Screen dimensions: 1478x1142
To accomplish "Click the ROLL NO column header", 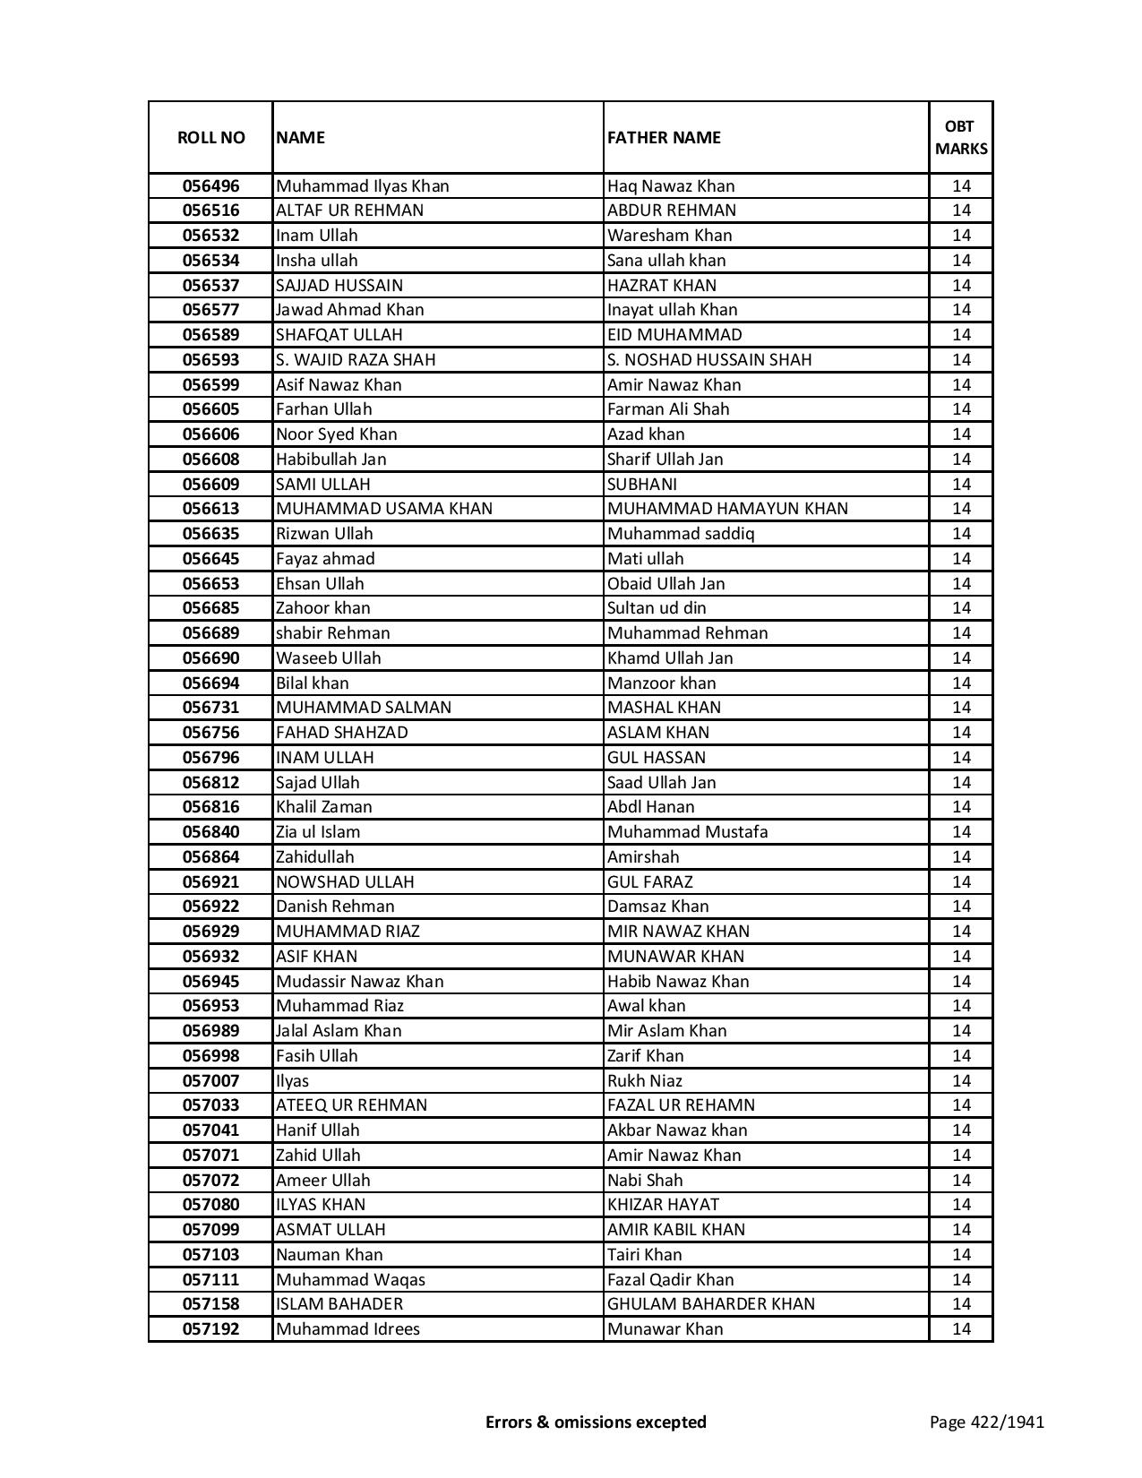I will (x=210, y=137).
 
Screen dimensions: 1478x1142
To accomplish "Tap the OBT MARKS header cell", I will (x=961, y=137).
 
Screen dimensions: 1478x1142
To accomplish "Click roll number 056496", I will (x=210, y=186).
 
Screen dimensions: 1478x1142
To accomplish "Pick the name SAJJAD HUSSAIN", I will (x=339, y=286).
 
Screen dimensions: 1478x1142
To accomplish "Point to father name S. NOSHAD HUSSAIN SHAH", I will (x=709, y=360).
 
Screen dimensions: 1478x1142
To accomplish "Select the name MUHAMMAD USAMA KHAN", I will (x=384, y=509).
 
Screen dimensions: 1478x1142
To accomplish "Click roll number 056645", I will (x=210, y=559).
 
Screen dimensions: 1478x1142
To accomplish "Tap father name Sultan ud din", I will (x=657, y=608).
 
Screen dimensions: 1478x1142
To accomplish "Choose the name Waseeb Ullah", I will (x=329, y=658).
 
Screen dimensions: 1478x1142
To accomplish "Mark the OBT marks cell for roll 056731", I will (x=961, y=708).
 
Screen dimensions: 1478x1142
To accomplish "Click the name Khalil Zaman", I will (x=324, y=807).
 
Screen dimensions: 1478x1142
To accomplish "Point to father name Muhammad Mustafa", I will (x=687, y=832).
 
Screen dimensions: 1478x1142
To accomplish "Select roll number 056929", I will (x=210, y=932).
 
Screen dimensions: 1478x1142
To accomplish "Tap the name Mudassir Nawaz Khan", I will (x=360, y=982).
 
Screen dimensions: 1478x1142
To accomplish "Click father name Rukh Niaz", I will (x=645, y=1081).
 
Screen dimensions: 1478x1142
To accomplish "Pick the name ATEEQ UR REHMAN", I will (x=352, y=1105).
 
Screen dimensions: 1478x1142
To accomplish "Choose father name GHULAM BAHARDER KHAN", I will (x=711, y=1304).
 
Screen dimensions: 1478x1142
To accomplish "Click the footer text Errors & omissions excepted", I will (x=596, y=1422).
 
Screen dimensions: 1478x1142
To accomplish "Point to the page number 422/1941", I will (x=987, y=1422).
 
